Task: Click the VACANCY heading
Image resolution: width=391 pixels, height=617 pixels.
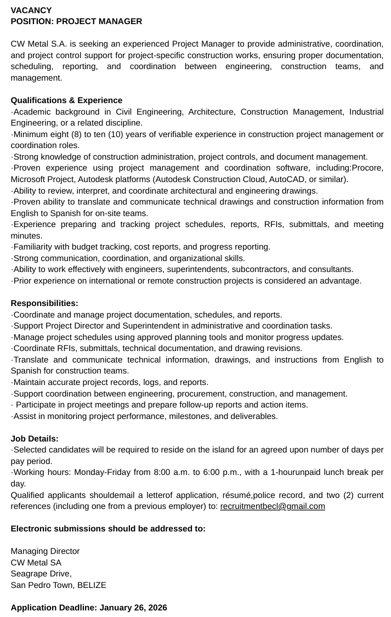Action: click(x=31, y=10)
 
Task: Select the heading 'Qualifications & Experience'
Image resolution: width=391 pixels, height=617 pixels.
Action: click(x=66, y=100)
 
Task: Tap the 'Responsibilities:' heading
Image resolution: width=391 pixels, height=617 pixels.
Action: click(x=44, y=303)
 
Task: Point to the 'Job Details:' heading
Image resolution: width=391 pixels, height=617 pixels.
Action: click(x=35, y=439)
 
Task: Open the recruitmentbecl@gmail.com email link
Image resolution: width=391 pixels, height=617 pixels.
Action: click(x=273, y=506)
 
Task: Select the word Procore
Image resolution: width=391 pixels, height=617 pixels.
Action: click(x=367, y=168)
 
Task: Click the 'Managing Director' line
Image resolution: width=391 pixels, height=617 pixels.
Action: click(x=45, y=551)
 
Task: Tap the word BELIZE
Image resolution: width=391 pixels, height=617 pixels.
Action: click(x=92, y=585)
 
